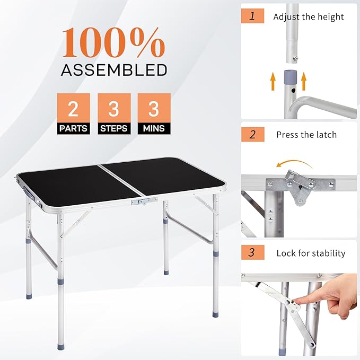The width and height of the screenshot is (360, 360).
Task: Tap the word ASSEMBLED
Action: point(114,69)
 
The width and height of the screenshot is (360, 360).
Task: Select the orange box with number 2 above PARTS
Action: point(74,109)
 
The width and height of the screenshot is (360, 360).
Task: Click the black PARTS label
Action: point(74,128)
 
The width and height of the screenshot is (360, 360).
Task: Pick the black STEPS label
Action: point(114,128)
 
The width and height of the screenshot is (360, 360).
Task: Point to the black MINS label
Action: point(154,128)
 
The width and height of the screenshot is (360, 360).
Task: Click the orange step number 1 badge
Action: point(252,15)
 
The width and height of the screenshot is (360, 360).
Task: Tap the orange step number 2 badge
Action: point(252,134)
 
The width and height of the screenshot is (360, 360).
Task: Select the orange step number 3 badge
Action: point(252,252)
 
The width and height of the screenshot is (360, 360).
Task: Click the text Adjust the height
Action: point(308,16)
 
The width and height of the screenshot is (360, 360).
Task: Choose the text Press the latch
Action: point(306,135)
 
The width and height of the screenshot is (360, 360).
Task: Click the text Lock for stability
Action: point(311,253)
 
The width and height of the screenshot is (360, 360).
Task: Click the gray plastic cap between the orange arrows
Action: point(288,78)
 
